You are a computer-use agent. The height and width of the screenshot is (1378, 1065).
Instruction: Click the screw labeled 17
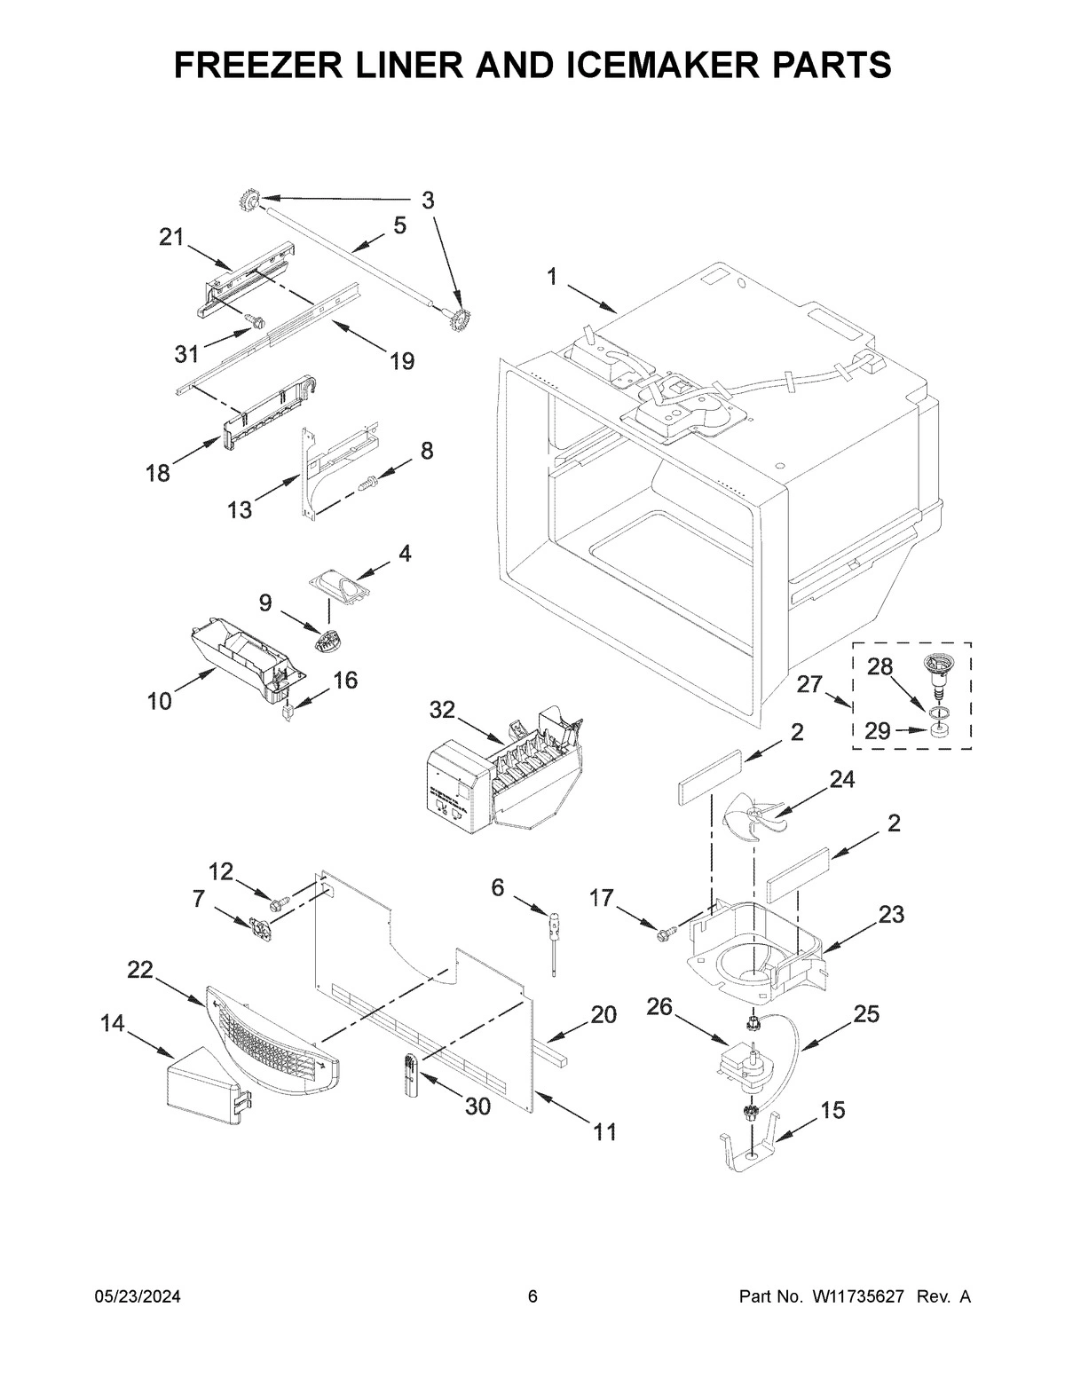(x=665, y=931)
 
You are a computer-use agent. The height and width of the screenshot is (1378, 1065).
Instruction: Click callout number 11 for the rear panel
(x=604, y=1132)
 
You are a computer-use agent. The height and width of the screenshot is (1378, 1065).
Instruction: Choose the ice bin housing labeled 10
(x=240, y=661)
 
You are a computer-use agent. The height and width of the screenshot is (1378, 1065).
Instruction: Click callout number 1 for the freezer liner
(x=552, y=277)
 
